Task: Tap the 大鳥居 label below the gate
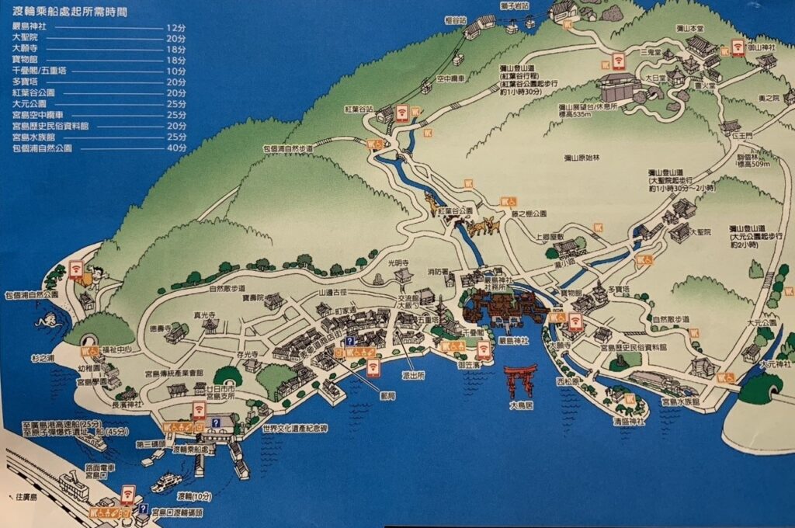(520, 405)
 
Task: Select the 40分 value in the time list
(176, 147)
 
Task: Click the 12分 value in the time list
(176, 26)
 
